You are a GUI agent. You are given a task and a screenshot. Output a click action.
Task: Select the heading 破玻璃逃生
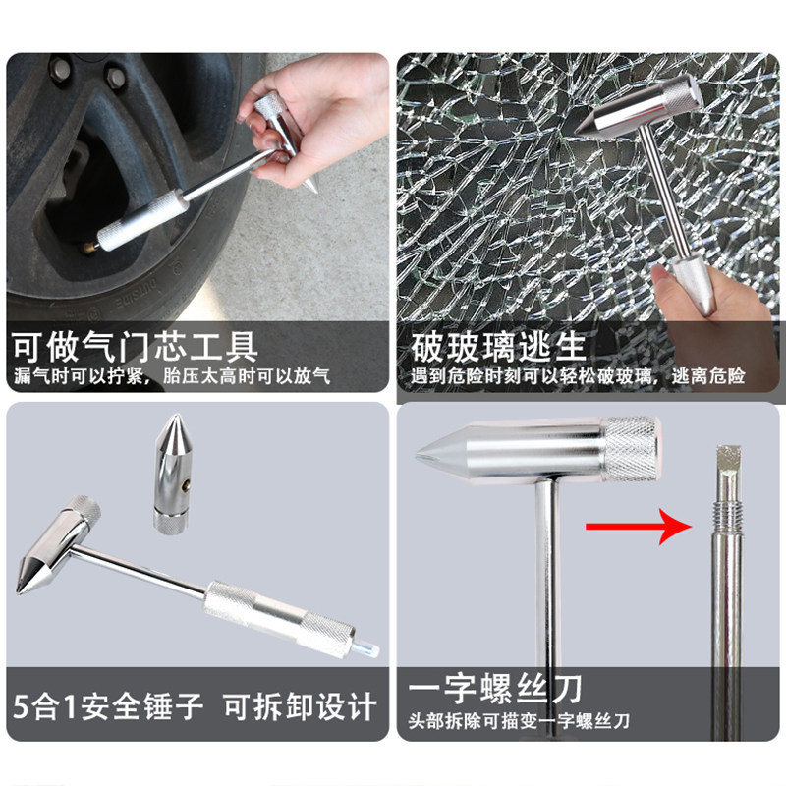[x=498, y=347]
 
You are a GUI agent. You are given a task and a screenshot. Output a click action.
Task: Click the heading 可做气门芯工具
[x=136, y=347]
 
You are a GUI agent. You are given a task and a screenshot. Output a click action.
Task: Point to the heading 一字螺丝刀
[x=495, y=689]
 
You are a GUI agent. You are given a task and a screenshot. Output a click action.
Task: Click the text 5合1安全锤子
[x=108, y=706]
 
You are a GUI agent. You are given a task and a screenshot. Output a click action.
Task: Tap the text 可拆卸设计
[x=300, y=706]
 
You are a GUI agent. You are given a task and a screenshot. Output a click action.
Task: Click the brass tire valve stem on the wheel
[x=91, y=247]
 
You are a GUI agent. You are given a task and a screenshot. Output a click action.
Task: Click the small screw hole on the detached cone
[x=187, y=484]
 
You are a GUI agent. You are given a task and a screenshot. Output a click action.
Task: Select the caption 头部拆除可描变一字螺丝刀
[x=519, y=721]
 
